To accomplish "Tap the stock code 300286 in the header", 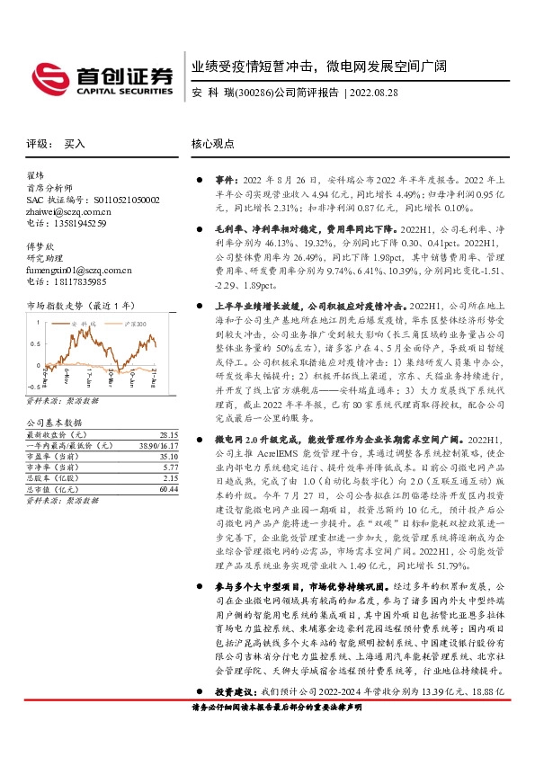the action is pyautogui.click(x=249, y=92).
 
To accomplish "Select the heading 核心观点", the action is pyautogui.click(x=212, y=144).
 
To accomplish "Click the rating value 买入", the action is pyautogui.click(x=75, y=144).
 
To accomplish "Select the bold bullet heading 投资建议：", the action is pyautogui.click(x=236, y=717).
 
